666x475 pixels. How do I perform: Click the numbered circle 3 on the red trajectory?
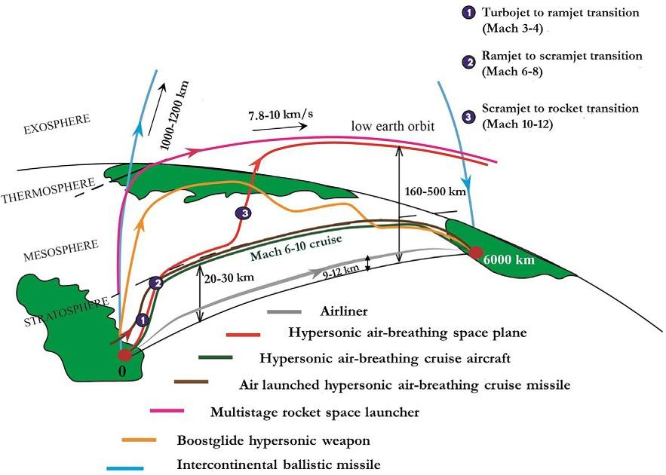[x=243, y=214]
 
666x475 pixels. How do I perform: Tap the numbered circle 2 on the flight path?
[x=157, y=283]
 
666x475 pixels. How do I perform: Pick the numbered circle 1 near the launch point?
[x=140, y=320]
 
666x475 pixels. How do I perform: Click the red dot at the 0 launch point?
[x=125, y=353]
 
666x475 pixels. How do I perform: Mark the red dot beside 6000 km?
[x=475, y=253]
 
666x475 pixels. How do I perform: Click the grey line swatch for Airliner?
[x=283, y=311]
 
